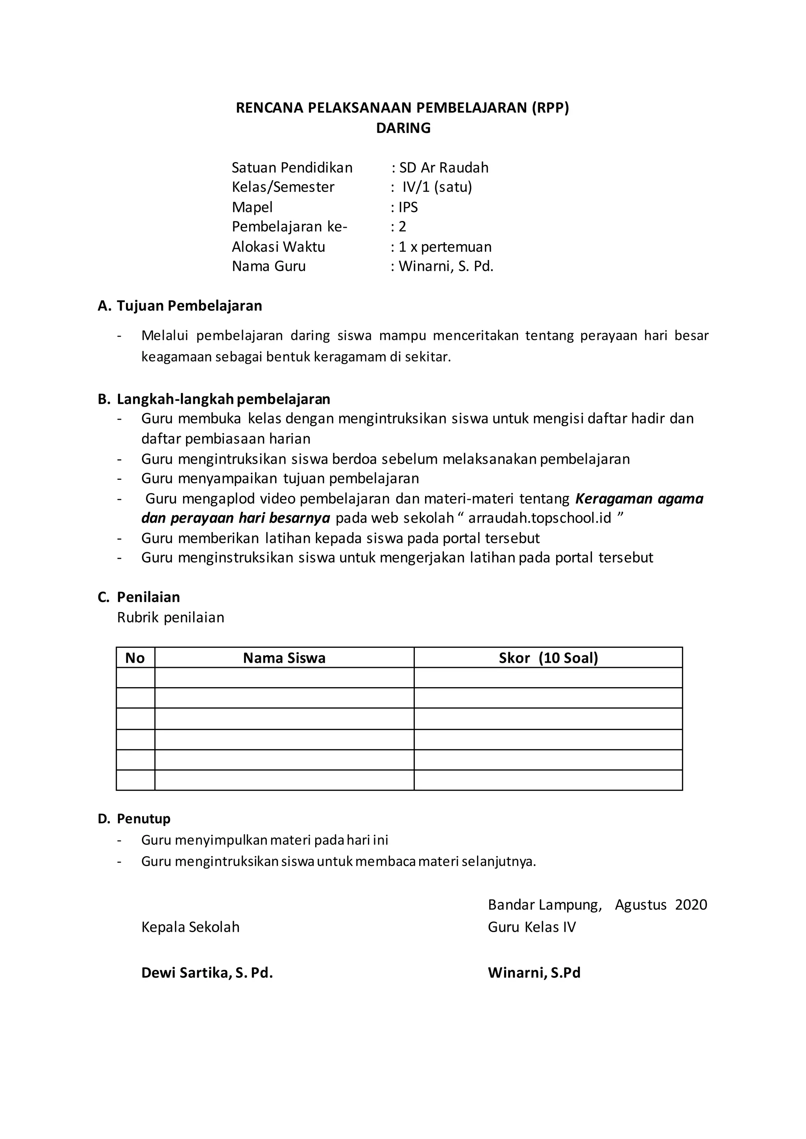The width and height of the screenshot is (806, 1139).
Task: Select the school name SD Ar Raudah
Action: pos(444,168)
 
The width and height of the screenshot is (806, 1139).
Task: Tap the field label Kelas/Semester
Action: pos(283,187)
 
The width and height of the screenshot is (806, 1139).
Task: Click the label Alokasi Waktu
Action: pos(278,247)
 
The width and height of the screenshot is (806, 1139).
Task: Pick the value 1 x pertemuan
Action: pos(445,247)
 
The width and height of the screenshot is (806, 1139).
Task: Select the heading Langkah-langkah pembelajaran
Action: pos(223,399)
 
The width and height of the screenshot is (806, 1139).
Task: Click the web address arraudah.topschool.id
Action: pos(540,518)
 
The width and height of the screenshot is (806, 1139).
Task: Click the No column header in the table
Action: pos(135,658)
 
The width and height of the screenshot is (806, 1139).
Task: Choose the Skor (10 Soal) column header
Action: pos(548,658)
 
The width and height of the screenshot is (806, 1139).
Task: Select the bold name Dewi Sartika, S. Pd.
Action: pos(207,972)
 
